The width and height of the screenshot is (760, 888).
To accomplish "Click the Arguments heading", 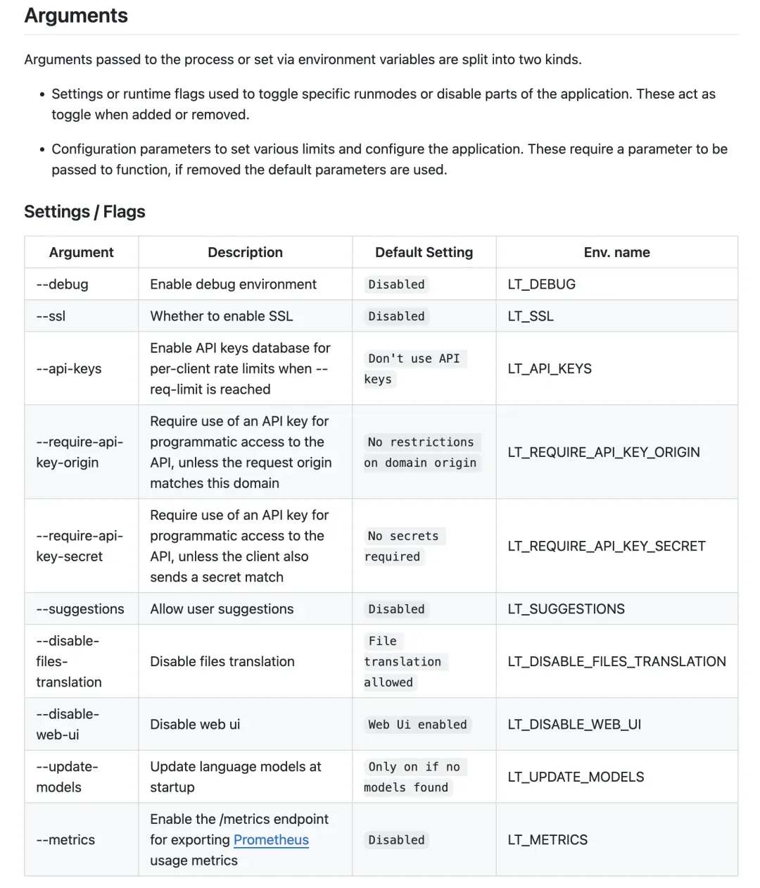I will (x=76, y=16).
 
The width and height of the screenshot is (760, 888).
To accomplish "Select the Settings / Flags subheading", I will (x=84, y=212).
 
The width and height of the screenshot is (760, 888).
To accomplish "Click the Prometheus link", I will (x=271, y=840).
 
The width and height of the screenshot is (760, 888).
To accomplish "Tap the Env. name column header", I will (x=616, y=252).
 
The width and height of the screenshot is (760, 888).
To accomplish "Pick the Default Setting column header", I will (x=424, y=252).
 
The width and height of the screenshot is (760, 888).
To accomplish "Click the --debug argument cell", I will (x=63, y=284).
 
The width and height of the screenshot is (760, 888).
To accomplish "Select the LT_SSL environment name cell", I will (x=531, y=316).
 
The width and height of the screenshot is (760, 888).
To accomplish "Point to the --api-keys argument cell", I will (x=69, y=369).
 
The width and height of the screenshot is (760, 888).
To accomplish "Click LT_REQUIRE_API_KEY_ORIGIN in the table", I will (x=604, y=452).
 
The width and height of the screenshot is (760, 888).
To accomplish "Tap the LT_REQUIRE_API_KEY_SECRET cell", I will (x=607, y=546).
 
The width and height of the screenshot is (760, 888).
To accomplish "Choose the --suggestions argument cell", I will (x=80, y=609).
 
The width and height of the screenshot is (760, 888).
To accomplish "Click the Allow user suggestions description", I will (x=222, y=609).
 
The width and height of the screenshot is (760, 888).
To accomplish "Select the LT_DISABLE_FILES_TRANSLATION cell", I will (x=616, y=661).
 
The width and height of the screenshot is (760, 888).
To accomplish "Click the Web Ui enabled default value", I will (x=417, y=725).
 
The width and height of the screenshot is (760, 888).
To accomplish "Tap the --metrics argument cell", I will (x=65, y=840).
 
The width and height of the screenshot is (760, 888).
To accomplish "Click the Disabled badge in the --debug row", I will (x=396, y=284).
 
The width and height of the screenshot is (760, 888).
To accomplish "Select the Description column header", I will (x=245, y=252).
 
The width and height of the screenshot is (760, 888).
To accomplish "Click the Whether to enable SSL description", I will (x=221, y=316).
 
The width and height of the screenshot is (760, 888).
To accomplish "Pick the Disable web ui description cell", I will (x=195, y=725).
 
